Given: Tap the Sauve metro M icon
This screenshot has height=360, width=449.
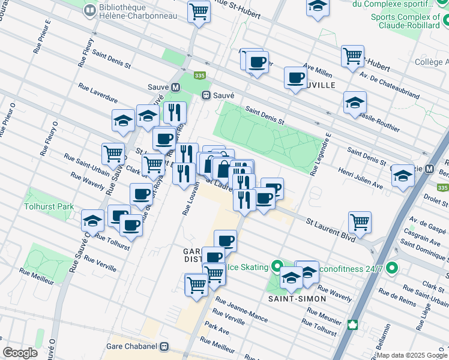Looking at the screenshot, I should pyautogui.click(x=175, y=87).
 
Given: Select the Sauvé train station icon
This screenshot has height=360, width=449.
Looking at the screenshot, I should pyautogui.click(x=206, y=95).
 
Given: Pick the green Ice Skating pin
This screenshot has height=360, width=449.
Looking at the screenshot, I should pyautogui.click(x=277, y=265).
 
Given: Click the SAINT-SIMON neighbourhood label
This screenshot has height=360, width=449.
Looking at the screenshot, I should pyautogui.click(x=297, y=298).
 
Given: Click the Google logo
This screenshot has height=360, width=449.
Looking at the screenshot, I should pyautogui.click(x=20, y=353).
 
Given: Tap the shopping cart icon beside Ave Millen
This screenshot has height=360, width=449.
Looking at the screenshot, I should pyautogui.click(x=352, y=56).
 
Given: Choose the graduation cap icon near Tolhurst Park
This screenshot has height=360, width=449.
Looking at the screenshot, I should pyautogui.click(x=93, y=221).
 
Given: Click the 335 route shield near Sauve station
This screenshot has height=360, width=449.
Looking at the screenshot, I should pyautogui.click(x=200, y=76).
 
